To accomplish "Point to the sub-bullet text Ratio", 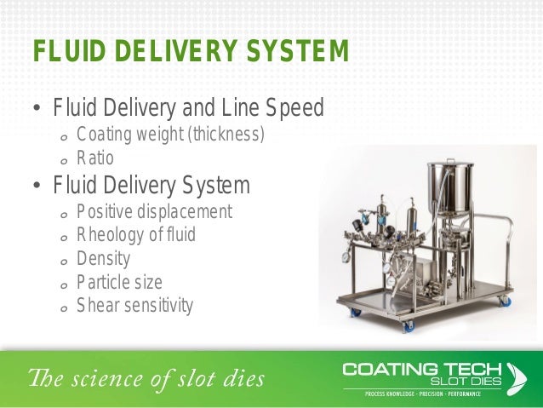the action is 94,158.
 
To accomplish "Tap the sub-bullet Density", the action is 103,258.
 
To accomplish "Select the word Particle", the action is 101,281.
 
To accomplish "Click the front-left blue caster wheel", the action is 356,312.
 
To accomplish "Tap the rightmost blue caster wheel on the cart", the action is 506,301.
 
